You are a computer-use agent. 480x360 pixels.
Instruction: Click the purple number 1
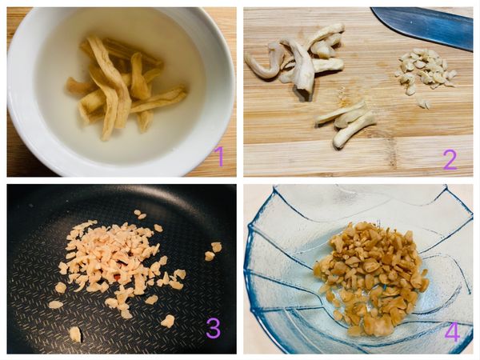click(219, 155)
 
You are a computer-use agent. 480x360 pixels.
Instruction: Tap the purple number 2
click(450, 159)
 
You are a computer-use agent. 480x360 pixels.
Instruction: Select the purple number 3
click(213, 328)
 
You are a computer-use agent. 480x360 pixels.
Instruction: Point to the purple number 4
click(452, 331)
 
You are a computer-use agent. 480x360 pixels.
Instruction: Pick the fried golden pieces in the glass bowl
click(370, 277)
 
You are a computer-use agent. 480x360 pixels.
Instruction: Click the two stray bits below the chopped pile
click(423, 103)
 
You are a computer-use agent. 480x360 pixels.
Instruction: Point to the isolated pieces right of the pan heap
click(213, 251)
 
